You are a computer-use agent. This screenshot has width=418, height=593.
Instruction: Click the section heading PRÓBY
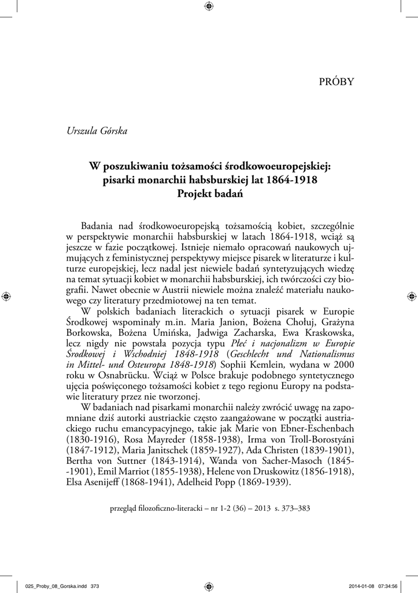(x=336, y=82)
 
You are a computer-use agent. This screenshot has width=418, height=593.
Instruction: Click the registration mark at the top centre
(x=209, y=6)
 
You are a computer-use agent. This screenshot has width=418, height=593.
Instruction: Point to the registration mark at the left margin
(x=6, y=296)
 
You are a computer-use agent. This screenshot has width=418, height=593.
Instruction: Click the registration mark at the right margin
(x=411, y=296)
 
